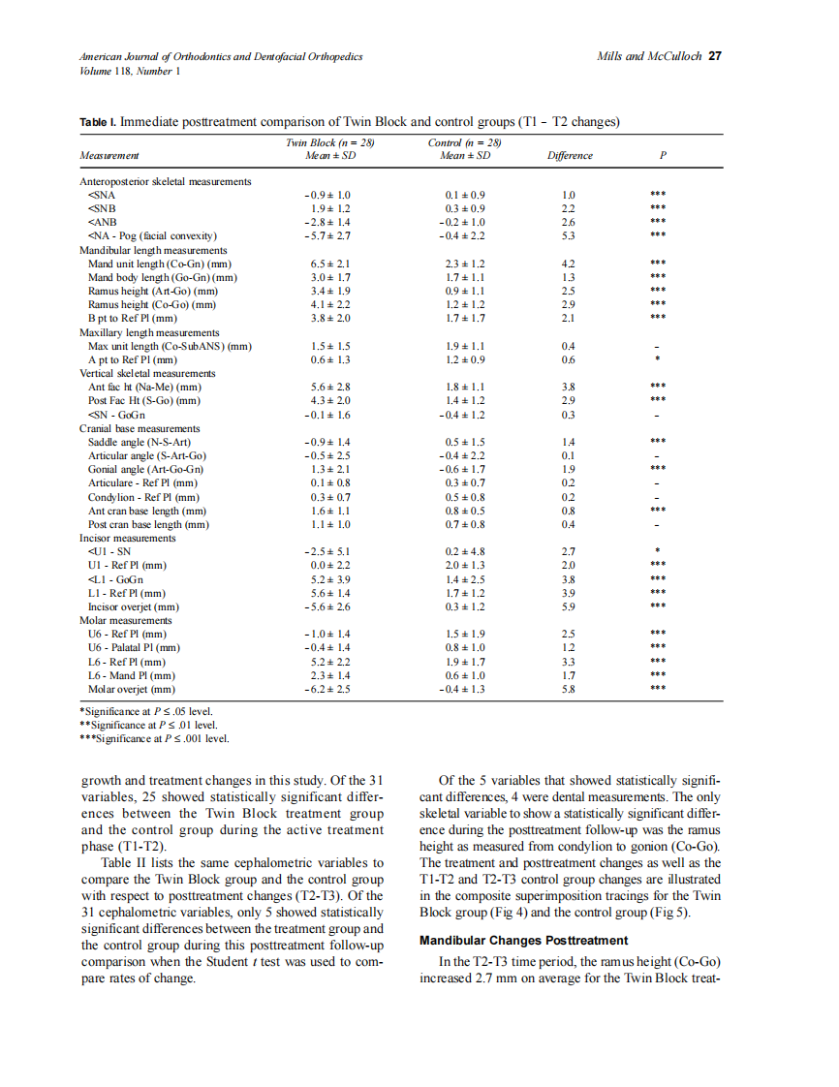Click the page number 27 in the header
(715, 56)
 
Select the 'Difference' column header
(570, 155)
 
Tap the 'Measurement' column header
(109, 155)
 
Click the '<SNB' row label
(102, 208)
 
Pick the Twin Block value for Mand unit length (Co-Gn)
(322, 264)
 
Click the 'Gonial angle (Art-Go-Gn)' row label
(145, 469)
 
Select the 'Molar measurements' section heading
(125, 620)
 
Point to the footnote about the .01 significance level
(147, 724)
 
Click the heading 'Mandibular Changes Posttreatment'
(523, 940)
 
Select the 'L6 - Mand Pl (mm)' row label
(132, 675)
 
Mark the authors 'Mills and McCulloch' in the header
(650, 56)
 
